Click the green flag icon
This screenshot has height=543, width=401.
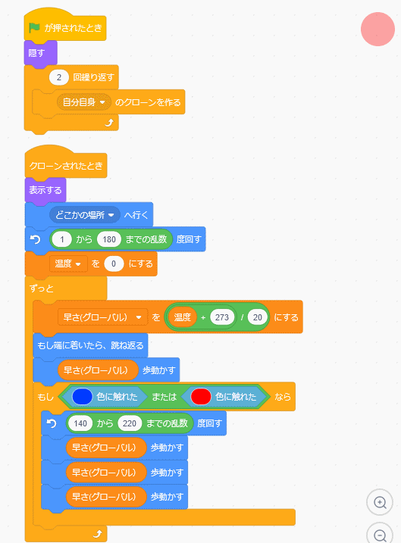[34, 28]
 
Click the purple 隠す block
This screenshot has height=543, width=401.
[40, 53]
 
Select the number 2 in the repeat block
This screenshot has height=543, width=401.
[58, 77]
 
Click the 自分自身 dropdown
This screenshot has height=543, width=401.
[83, 102]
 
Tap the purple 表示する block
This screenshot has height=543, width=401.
[45, 190]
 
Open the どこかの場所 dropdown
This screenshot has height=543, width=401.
[85, 215]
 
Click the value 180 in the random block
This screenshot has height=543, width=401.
[109, 239]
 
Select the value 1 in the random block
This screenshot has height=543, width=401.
[61, 239]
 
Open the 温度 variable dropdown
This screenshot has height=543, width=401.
[68, 264]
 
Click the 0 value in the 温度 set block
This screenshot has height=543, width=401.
[114, 264]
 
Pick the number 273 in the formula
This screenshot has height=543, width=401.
[222, 317]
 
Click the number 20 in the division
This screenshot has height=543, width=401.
[257, 317]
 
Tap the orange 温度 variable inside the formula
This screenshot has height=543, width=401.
[182, 317]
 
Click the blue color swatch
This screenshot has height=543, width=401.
[82, 397]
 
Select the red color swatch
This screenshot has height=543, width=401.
[201, 397]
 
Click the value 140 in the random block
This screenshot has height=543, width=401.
[80, 423]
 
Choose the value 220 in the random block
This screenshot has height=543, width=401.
[130, 423]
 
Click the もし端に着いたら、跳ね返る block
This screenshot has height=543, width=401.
[90, 345]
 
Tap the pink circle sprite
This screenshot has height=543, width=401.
[378, 29]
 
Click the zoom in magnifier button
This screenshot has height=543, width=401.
[380, 502]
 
